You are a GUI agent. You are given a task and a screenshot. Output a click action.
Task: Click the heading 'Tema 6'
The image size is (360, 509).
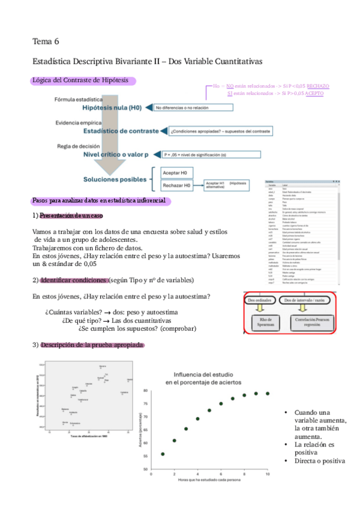click(46, 41)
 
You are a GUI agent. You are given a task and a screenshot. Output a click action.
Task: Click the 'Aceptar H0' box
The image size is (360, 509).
click(175, 173)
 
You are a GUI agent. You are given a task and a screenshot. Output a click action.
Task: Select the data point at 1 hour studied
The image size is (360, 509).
click(163, 454)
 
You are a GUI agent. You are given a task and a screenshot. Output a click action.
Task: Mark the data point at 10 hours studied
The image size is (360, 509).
click(267, 394)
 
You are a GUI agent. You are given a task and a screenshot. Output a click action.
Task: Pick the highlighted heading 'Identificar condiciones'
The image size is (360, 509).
click(74, 280)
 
